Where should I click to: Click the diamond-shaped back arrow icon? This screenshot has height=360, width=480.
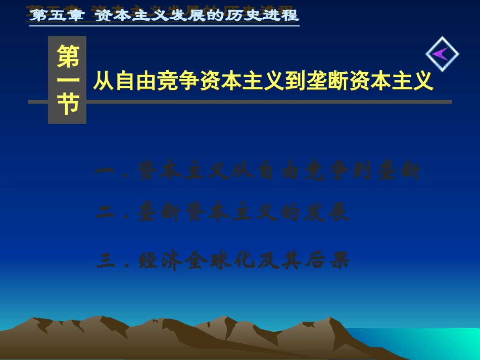coord(442,54)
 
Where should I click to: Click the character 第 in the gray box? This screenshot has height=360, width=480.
coord(67,57)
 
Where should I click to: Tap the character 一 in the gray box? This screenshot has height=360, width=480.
coord(67,81)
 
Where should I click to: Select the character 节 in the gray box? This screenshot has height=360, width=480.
coord(67,105)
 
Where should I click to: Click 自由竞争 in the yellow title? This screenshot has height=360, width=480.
coord(157,81)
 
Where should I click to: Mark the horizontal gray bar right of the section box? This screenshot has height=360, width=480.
coord(268,102)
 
